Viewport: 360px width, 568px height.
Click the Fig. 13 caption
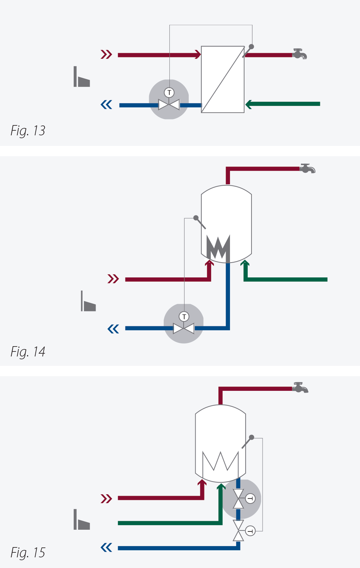click(x=28, y=131)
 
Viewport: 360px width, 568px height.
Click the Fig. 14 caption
click(x=28, y=352)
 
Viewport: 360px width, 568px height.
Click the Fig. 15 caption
click(x=28, y=553)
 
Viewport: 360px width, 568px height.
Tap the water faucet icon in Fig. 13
click(x=299, y=54)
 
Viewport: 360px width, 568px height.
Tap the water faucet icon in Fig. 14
click(x=308, y=168)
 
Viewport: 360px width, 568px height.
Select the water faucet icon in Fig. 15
click(x=300, y=388)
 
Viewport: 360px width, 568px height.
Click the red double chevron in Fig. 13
click(x=106, y=55)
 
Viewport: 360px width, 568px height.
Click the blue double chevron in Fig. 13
click(x=106, y=105)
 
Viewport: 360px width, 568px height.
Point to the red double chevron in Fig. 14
click(x=113, y=279)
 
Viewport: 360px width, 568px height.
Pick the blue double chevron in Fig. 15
click(x=106, y=548)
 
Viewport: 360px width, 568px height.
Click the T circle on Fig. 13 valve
click(x=169, y=93)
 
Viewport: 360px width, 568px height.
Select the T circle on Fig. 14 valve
click(x=184, y=316)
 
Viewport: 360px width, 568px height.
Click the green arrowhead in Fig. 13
click(x=249, y=104)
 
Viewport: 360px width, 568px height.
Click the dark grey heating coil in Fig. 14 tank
click(x=218, y=248)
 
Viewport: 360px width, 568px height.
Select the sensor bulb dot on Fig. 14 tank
click(x=196, y=218)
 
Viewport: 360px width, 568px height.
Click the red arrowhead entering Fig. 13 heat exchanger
click(x=197, y=55)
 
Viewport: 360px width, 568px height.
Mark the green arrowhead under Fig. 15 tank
click(x=221, y=487)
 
